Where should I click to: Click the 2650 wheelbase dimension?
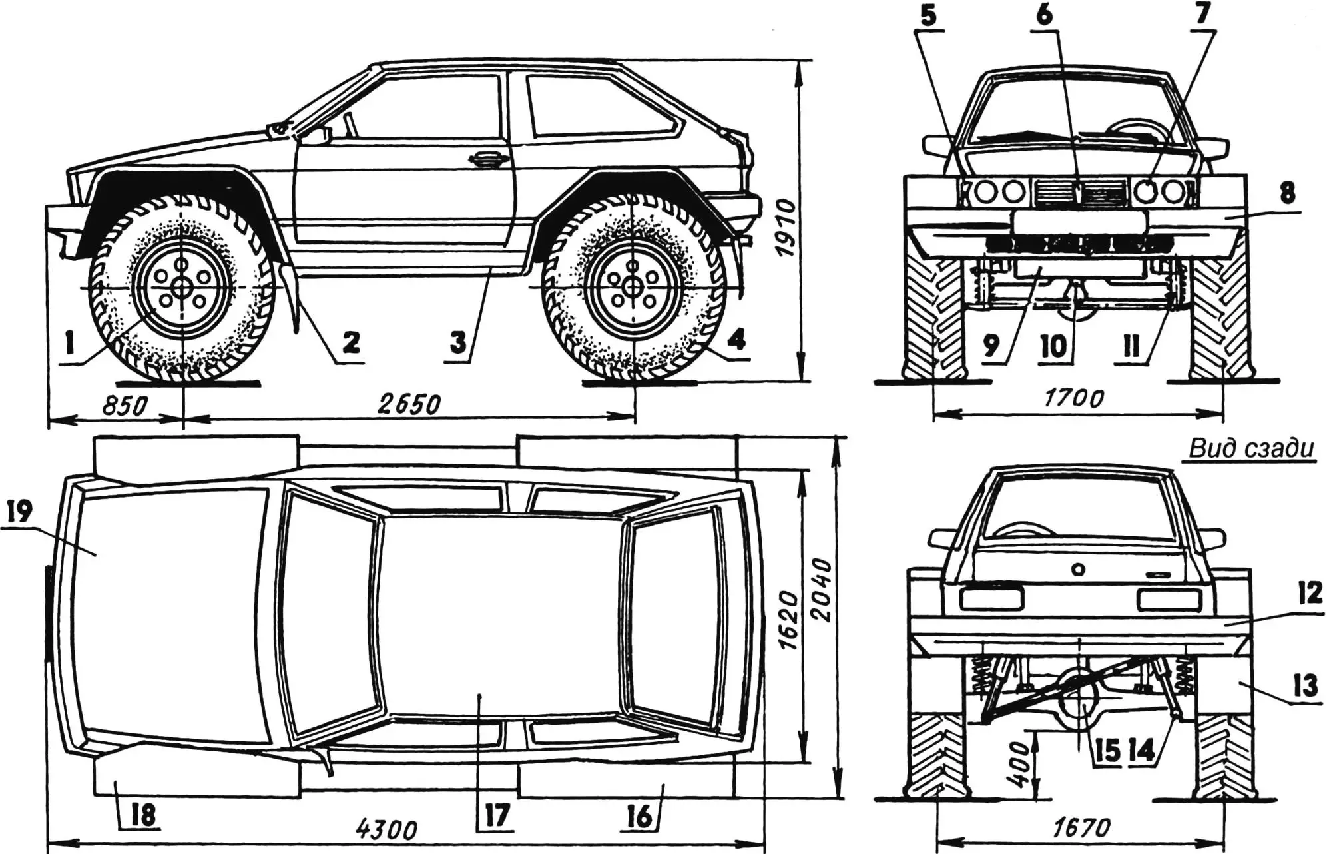click(x=409, y=404)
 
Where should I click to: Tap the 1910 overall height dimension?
click(x=786, y=226)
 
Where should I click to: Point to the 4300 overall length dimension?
click(x=386, y=830)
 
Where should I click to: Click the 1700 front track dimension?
click(x=1073, y=398)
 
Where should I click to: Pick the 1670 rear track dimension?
click(x=1081, y=828)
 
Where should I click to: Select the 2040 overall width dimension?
click(x=823, y=590)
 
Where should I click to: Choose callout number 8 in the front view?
click(x=1287, y=193)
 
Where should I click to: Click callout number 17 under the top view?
click(x=497, y=815)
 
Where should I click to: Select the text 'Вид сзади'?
click(x=1251, y=448)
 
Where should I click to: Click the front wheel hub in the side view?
click(x=180, y=287)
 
